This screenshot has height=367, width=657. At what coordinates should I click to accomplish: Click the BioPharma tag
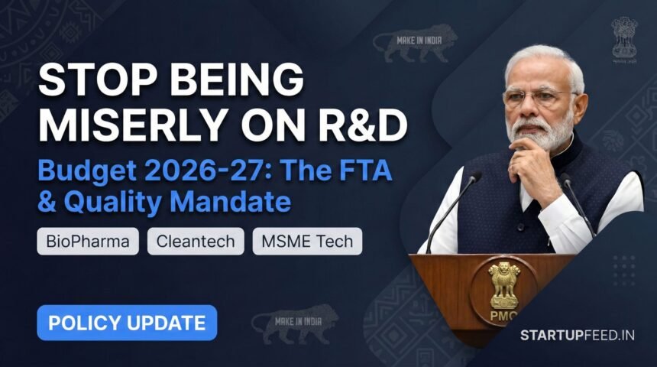pyautogui.click(x=88, y=242)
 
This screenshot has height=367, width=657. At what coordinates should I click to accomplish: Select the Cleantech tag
pyautogui.click(x=195, y=242)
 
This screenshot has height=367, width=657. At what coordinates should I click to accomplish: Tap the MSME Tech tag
pyautogui.click(x=308, y=242)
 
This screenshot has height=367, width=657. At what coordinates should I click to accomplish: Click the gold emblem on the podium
pyautogui.click(x=504, y=286)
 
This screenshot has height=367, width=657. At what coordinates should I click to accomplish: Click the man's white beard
pyautogui.click(x=545, y=134)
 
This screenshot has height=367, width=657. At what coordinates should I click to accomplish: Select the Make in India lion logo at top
pyautogui.click(x=419, y=45)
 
